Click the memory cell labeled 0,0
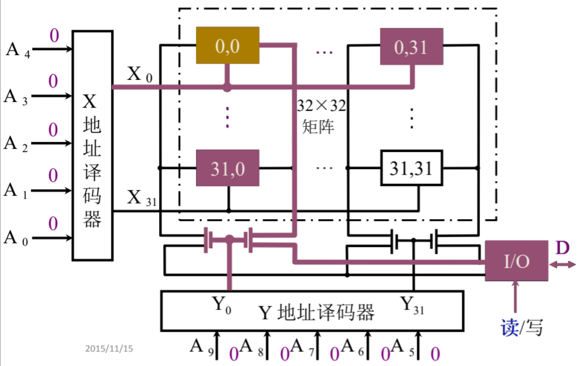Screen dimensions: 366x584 click(x=227, y=46)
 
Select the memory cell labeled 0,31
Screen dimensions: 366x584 click(x=411, y=46)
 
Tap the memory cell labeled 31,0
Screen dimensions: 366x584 click(x=227, y=168)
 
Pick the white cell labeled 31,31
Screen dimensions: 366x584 click(x=411, y=168)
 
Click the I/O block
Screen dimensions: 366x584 click(x=516, y=260)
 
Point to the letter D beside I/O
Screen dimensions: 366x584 click(x=562, y=248)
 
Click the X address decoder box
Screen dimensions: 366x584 click(x=93, y=146)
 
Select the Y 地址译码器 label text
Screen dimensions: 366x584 click(x=316, y=312)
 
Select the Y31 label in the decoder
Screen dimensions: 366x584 click(x=412, y=305)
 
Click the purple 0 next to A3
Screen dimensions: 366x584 click(x=53, y=81)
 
